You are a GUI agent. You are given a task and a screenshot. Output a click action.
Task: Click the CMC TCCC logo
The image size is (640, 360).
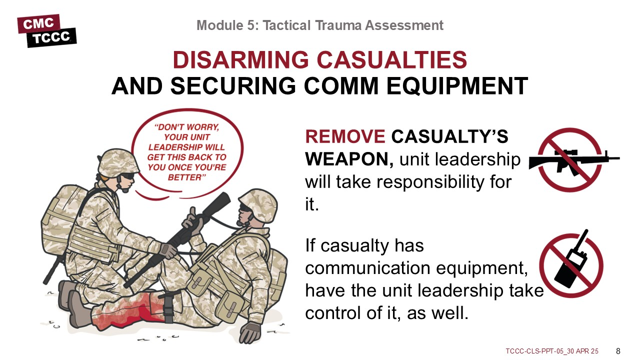coord(47,31)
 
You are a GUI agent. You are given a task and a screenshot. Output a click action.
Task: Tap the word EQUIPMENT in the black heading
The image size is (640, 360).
coord(457,85)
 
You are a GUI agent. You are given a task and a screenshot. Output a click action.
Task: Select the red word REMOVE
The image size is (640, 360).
coord(345,136)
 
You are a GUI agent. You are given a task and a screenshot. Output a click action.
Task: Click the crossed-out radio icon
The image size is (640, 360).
coord(571,263)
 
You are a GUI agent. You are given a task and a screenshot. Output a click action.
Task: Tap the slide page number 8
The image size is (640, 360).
coord(618,351)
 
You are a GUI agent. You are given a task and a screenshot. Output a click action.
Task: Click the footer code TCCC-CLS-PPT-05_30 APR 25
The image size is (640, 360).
coord(552,351)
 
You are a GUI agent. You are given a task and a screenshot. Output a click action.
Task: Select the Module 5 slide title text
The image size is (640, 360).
coord(320,25)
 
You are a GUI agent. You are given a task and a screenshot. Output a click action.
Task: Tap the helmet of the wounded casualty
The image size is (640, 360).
coord(258,204)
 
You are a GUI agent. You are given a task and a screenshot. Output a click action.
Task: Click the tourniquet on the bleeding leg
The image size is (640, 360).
coord(168,308)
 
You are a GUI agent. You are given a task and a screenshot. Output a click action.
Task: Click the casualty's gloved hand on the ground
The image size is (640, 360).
coord(250,332)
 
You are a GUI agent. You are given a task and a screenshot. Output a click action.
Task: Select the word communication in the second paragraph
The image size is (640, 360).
coord(367,268)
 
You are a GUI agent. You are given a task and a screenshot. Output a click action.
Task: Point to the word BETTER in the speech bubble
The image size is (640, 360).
coord(185,177)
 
